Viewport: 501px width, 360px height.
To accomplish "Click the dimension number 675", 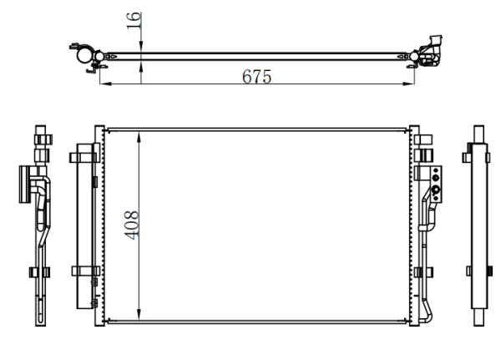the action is click(x=256, y=76).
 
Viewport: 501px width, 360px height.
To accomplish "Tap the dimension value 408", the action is click(x=132, y=225).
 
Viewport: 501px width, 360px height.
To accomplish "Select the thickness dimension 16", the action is click(x=134, y=20).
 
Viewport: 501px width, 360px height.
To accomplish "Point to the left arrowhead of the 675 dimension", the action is click(x=106, y=84).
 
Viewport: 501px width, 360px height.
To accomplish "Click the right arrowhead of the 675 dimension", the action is click(x=408, y=84).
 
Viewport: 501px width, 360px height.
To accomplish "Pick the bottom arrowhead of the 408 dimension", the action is click(x=139, y=314).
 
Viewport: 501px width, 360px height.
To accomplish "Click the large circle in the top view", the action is click(x=84, y=55).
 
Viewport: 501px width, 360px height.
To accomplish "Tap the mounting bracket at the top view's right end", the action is click(x=432, y=51).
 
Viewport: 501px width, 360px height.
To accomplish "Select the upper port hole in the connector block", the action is click(x=435, y=177).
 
